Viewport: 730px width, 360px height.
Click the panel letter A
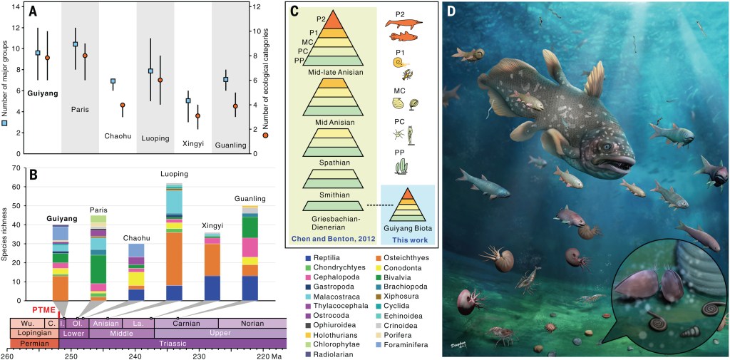(34, 12)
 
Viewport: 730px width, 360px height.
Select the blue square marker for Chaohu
(113, 81)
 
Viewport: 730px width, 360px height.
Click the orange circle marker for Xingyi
(197, 116)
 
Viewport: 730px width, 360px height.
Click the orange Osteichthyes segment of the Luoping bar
(174, 259)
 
